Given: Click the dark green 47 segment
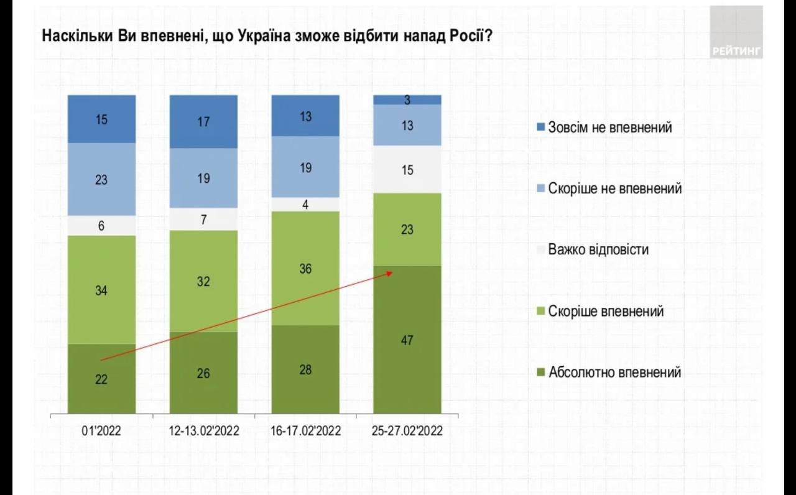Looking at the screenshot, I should pos(407,340).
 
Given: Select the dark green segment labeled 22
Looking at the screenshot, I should pos(101,379).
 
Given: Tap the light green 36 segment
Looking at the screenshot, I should pos(305,268).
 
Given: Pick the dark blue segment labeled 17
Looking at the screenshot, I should pos(203,121).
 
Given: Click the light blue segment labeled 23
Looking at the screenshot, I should pos(101,179).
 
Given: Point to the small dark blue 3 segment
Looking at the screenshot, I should pos(407,99).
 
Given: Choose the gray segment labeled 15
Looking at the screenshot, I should pos(407,169).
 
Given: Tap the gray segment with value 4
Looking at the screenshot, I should pos(305,204).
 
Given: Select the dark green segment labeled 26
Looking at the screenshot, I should pos(203,372).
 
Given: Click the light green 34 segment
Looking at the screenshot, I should pos(101,289).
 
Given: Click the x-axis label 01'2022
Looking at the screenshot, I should pos(101,431).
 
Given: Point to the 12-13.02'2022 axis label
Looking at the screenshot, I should pos(204,431).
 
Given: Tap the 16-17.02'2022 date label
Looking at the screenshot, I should pos(305,431).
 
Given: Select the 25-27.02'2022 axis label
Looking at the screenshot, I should pos(407,431).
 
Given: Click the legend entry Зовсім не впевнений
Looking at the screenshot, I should pos(609,127).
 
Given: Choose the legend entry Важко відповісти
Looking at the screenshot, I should pos(598,250).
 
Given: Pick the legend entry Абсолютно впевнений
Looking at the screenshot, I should pos(614,372).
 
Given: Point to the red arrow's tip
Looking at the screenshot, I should pos(392,271).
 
